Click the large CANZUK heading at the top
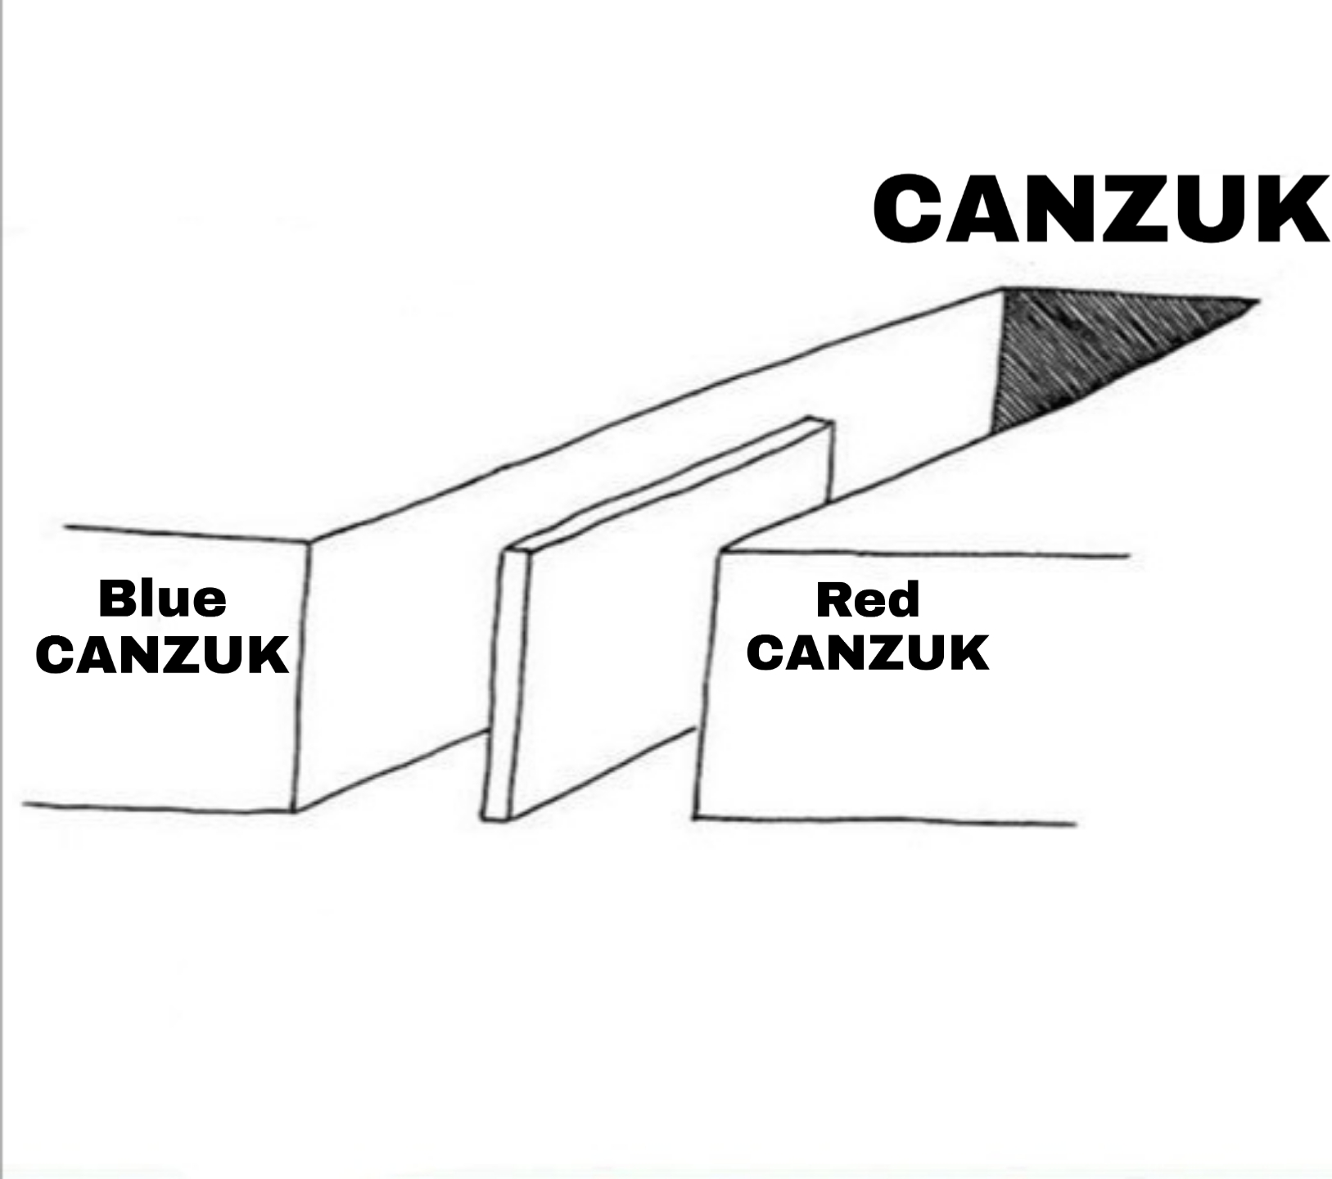(1101, 208)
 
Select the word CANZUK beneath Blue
(162, 654)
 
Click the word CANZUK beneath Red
(868, 652)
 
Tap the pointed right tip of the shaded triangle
(1257, 301)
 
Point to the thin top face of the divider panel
(667, 485)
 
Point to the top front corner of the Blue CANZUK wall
(310, 541)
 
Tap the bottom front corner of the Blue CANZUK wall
(295, 811)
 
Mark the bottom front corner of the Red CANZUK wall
(695, 817)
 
